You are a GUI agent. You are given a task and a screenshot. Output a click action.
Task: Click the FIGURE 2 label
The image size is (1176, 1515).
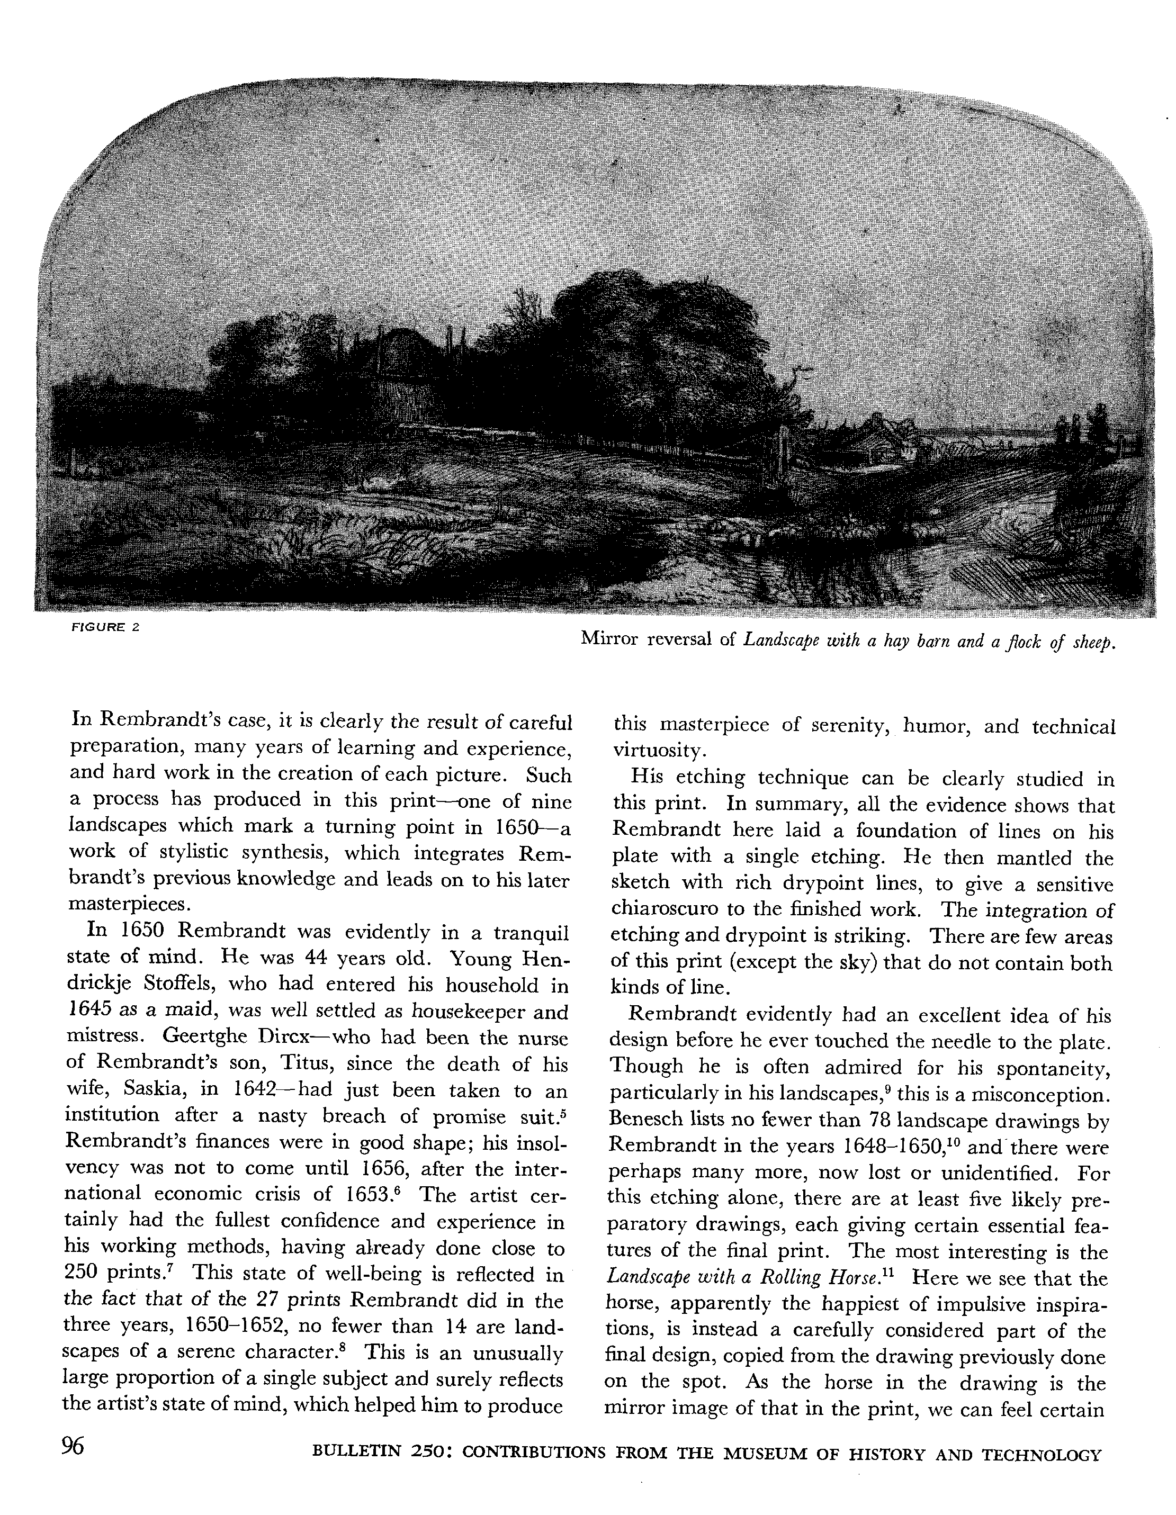106,627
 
